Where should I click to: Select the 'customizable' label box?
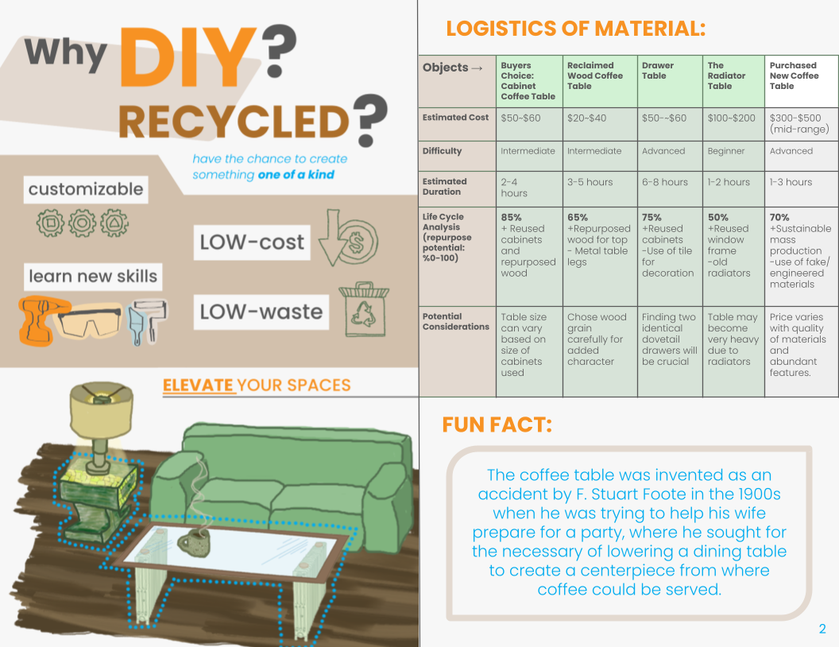tap(86, 189)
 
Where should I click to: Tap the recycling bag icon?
tap(362, 308)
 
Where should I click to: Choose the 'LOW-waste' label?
tap(261, 311)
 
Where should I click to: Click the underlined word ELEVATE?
tap(199, 385)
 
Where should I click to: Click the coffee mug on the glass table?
tap(193, 543)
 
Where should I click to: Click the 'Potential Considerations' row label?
tap(456, 321)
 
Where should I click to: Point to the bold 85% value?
tap(512, 217)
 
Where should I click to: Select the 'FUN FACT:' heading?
tap(497, 424)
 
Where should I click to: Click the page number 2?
tap(822, 630)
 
